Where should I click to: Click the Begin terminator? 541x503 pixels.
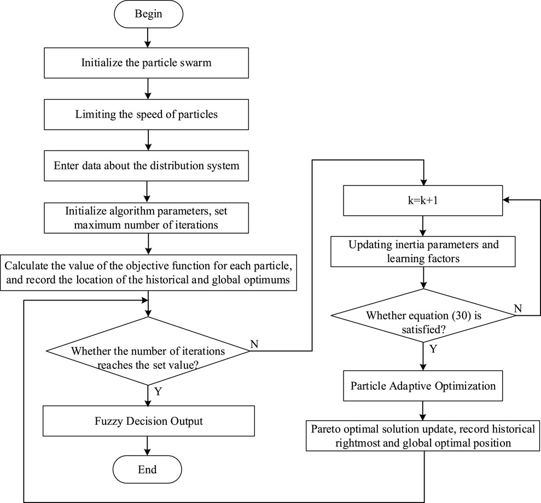point(148,14)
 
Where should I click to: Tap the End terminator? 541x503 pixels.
point(147,470)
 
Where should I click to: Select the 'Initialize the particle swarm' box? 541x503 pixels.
point(146,63)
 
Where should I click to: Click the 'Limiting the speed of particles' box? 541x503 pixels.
point(146,114)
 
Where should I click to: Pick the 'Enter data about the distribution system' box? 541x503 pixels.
point(146,166)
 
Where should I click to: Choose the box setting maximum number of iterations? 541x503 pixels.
point(146,218)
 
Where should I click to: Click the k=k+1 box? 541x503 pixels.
point(423,200)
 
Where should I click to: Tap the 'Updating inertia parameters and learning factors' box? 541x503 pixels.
point(423,252)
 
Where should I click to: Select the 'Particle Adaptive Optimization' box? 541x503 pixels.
point(423,386)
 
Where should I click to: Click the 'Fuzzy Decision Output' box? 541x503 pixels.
point(149,421)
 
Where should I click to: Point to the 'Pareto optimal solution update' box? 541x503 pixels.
point(423,436)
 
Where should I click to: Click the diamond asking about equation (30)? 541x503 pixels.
point(423,316)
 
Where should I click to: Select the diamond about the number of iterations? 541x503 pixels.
point(148,351)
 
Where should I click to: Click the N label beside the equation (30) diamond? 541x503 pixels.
point(517,308)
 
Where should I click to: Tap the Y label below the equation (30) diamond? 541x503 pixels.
point(433,349)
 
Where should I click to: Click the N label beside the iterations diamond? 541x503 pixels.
point(254,344)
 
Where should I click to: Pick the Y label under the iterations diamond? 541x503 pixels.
point(158,391)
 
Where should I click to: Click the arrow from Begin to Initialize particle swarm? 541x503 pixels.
point(148,38)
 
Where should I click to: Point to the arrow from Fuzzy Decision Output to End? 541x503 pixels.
point(148,446)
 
